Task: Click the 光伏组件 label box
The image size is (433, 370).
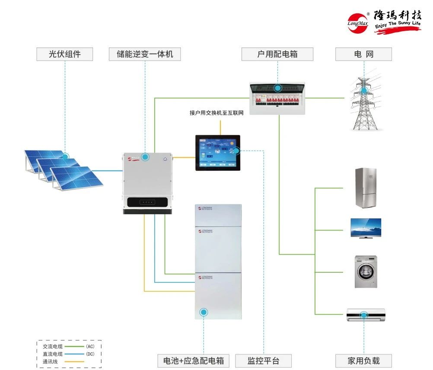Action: coord(65,54)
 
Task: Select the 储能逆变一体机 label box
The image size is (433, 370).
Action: coord(145,54)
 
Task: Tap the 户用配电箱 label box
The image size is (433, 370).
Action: coord(277,54)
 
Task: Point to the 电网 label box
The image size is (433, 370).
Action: coord(363,54)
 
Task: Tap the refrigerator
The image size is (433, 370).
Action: coord(366,188)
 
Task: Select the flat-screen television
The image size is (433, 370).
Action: coord(366,228)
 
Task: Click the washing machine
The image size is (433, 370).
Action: coord(366,271)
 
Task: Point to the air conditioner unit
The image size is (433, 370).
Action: coord(366,314)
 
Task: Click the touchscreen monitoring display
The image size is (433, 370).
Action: coord(217,153)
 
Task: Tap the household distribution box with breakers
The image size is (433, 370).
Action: coord(277,99)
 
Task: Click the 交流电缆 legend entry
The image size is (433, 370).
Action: coord(53,346)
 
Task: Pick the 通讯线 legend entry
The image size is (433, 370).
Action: coord(50,361)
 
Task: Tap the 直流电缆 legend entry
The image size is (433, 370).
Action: coord(53,354)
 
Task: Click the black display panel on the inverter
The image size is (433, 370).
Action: coord(148,202)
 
